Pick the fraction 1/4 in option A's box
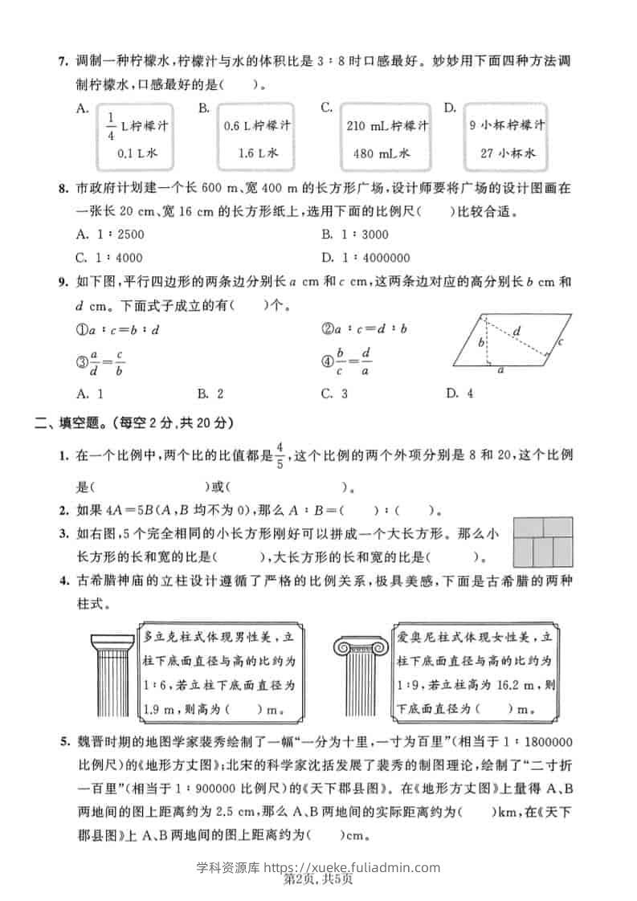pos(111,126)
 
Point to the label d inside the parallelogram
pos(517,330)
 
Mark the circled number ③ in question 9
pos(80,362)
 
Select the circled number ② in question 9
pos(327,328)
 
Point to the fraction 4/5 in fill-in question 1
pos(280,455)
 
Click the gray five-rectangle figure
pos(544,542)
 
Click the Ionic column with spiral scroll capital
pos(362,679)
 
